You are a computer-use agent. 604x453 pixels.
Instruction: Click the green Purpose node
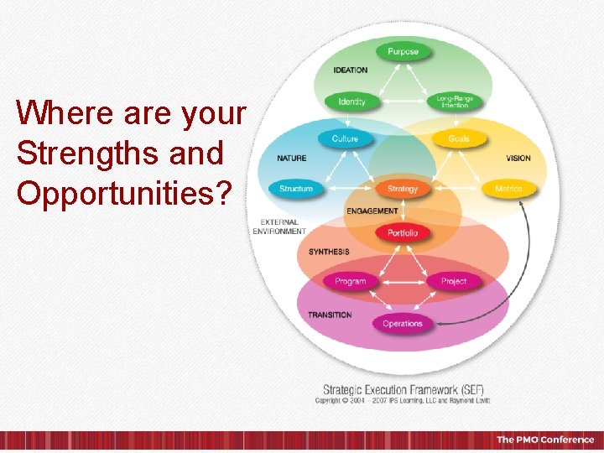pyautogui.click(x=403, y=52)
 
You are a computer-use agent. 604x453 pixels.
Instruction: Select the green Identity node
pyautogui.click(x=351, y=102)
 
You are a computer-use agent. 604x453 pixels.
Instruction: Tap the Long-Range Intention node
pyautogui.click(x=455, y=102)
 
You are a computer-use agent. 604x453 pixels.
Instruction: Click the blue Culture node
pyautogui.click(x=345, y=138)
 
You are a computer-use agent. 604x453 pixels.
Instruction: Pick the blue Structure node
pyautogui.click(x=296, y=189)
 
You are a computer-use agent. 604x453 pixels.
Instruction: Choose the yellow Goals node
pyautogui.click(x=459, y=138)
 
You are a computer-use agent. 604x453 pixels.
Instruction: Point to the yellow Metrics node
pyautogui.click(x=508, y=189)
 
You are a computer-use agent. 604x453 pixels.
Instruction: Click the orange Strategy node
pyautogui.click(x=403, y=189)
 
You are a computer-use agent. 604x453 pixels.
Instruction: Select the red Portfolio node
pyautogui.click(x=403, y=232)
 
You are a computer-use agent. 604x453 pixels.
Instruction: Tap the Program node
pyautogui.click(x=351, y=281)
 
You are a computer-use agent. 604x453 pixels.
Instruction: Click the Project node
pyautogui.click(x=454, y=281)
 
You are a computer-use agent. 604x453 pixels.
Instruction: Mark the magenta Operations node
pyautogui.click(x=403, y=324)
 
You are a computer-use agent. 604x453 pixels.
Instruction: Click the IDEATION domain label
pyautogui.click(x=351, y=70)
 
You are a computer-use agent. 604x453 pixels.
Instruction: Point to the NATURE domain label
pyautogui.click(x=291, y=159)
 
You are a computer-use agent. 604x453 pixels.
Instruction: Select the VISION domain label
pyautogui.click(x=518, y=159)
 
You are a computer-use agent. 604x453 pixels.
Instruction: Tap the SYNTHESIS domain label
pyautogui.click(x=329, y=252)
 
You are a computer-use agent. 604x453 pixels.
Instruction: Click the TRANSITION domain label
pyautogui.click(x=330, y=315)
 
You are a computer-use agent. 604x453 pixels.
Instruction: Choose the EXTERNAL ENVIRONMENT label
pyautogui.click(x=279, y=226)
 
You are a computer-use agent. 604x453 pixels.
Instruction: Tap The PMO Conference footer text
pyautogui.click(x=544, y=440)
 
